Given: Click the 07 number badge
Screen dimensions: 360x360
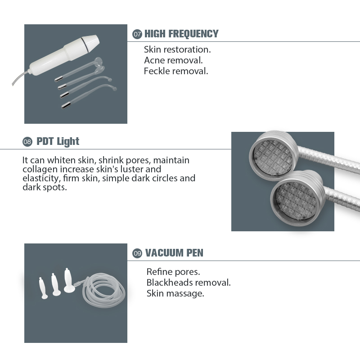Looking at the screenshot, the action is (137, 34).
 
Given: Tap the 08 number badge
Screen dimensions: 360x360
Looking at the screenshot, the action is (27, 142).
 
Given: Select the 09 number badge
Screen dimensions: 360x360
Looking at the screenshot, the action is (137, 253).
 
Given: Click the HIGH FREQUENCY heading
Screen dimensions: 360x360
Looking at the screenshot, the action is (181, 34).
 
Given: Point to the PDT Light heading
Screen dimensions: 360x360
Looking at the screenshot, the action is (58, 141).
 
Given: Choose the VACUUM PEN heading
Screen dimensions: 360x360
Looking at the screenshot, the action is (174, 253).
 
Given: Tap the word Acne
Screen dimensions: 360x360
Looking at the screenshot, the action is (154, 60).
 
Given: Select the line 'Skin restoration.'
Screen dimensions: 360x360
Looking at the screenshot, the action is (177, 49).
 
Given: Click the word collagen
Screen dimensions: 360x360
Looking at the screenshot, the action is (40, 170).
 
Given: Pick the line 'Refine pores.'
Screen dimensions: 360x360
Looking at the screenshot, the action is (173, 272).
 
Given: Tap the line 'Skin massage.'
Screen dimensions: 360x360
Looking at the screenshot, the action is (175, 293).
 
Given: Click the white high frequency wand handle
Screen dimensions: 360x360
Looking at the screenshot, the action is (64, 54).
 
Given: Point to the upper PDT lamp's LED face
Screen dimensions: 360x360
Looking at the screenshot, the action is (273, 157).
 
